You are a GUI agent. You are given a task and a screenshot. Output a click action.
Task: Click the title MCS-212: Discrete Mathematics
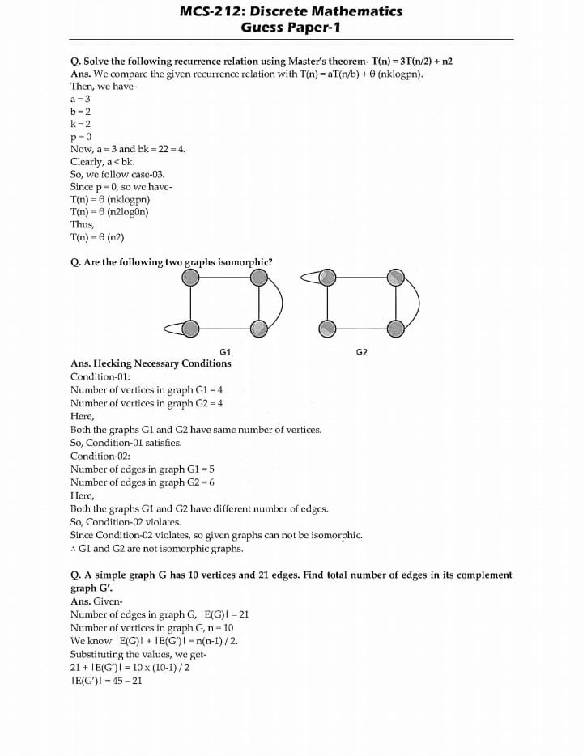pos(291,11)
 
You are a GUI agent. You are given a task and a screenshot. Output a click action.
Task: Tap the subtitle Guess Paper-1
pos(291,28)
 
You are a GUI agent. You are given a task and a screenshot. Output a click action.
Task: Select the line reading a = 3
pos(81,98)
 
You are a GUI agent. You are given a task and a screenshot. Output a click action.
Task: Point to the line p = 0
pos(81,136)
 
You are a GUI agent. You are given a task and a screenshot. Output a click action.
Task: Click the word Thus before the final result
pos(83,224)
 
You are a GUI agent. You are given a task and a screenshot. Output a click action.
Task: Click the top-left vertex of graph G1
pos(190,278)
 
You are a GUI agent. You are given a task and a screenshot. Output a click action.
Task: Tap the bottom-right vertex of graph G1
pos(258,328)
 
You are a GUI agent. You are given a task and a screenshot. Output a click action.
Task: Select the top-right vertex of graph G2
pos(395,278)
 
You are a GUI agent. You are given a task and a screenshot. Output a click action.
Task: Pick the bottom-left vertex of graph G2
pos(326,328)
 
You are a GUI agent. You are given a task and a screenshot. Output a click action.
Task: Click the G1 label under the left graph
pos(225,352)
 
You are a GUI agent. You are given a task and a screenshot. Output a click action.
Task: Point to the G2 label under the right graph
pos(361,352)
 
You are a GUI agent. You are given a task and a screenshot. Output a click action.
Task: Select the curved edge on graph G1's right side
pos(280,303)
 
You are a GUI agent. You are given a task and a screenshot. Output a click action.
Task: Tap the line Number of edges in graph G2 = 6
pos(143,482)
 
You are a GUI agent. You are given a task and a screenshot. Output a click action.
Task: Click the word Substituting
pos(97,654)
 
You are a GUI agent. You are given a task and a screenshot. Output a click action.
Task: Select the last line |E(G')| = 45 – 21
pos(106,680)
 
